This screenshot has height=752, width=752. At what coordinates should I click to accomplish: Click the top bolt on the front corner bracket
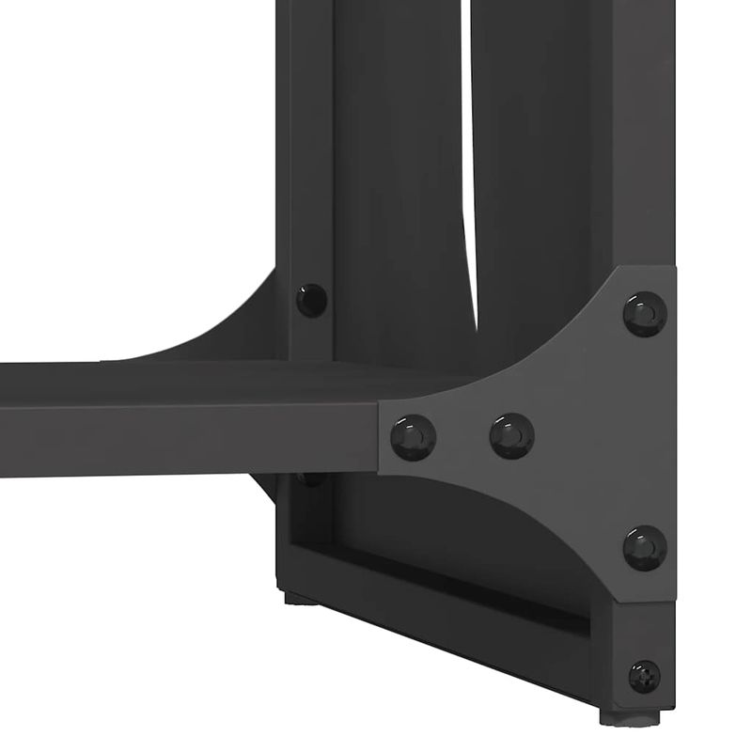tap(645, 313)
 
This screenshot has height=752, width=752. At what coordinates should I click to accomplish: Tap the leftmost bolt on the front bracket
tap(414, 437)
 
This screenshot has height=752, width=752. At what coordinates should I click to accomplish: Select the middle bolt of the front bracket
tap(512, 436)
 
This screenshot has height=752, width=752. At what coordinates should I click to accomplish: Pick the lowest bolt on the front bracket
tap(645, 547)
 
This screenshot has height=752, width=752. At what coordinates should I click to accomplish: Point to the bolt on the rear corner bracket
tap(311, 300)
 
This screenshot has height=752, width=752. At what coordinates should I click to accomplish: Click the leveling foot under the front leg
tap(629, 716)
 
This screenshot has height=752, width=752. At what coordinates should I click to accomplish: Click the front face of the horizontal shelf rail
tap(188, 442)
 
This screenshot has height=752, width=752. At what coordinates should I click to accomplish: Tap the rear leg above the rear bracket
tap(305, 141)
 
